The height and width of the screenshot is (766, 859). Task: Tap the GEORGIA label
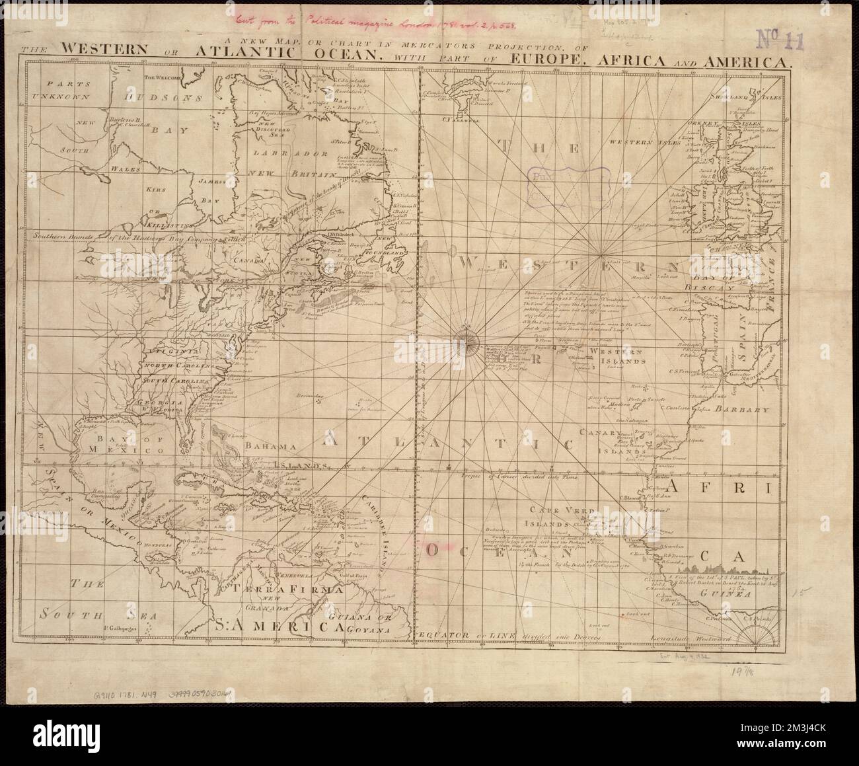(155, 403)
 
